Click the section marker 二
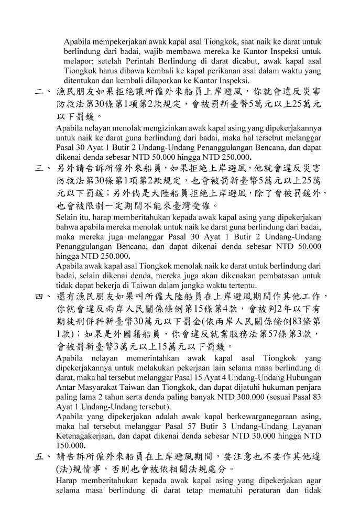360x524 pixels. coord(39,92)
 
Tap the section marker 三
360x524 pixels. coord(39,169)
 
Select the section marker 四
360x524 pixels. coord(39,297)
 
